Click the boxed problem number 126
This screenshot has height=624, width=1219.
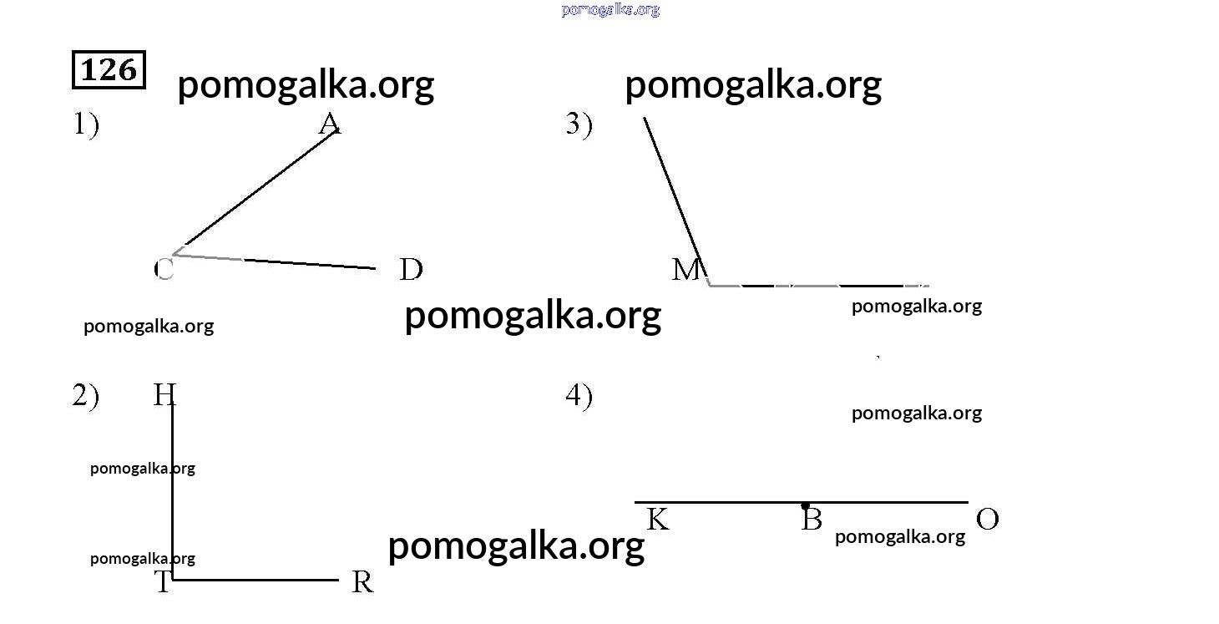click(109, 70)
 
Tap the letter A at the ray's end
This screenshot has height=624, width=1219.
click(330, 124)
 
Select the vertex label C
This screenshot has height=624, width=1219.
click(164, 269)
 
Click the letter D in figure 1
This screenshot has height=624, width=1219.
click(411, 270)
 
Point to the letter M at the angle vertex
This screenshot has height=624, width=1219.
click(687, 270)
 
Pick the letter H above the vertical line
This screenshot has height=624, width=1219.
click(164, 394)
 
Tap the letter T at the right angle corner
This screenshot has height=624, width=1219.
click(163, 582)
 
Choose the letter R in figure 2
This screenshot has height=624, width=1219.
click(362, 582)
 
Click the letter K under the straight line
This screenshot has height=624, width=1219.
click(658, 520)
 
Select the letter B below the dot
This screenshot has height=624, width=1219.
click(812, 520)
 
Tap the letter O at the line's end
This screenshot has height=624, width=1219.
click(987, 520)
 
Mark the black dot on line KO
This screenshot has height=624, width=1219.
click(805, 505)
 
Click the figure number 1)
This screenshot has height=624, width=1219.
click(85, 125)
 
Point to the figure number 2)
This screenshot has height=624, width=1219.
click(85, 396)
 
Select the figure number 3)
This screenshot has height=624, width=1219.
click(579, 124)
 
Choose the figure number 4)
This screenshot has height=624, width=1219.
click(579, 396)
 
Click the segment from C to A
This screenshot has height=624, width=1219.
click(259, 190)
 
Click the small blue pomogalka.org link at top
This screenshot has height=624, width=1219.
click(610, 10)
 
